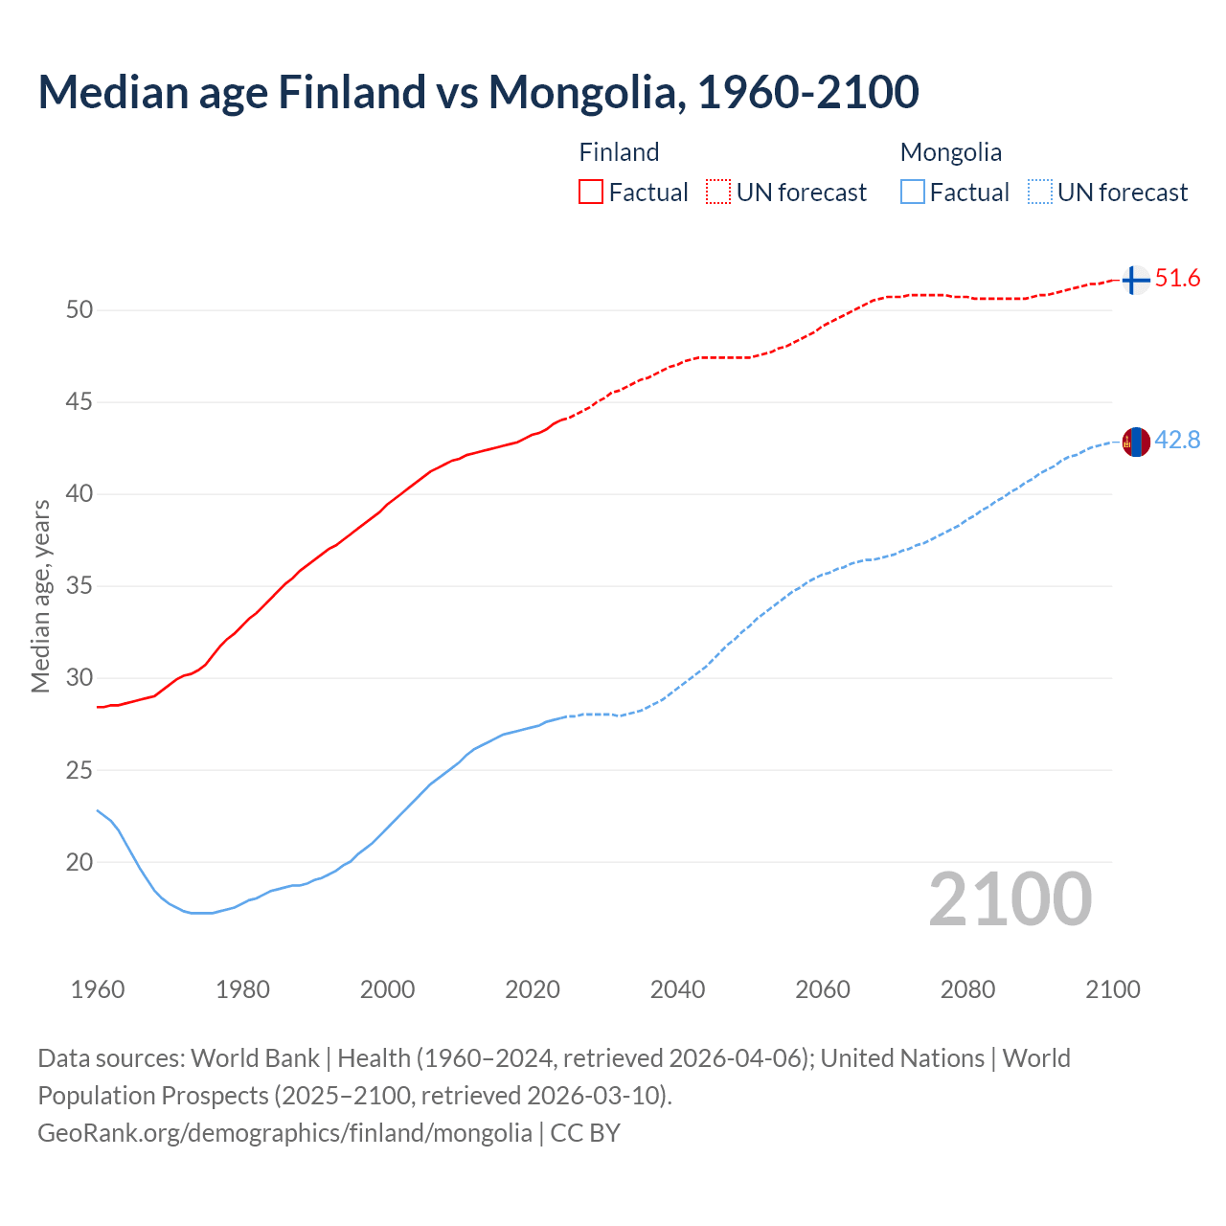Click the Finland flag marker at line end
coord(1135,280)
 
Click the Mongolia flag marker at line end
coord(1135,443)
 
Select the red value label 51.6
coord(1177,279)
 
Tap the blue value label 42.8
coord(1177,441)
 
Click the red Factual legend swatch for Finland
coord(591,193)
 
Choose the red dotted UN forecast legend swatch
coord(718,193)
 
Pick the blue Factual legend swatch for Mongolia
coord(913,193)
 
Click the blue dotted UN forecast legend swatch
coord(1039,193)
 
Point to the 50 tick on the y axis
coord(79,310)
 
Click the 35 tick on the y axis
coord(79,586)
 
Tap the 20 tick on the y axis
coord(79,862)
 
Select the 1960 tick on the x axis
coord(98,989)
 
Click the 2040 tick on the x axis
coord(677,989)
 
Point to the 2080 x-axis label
coord(967,989)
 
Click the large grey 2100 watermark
coord(1010,898)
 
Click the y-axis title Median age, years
coord(40,596)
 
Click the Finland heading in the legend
coord(619,152)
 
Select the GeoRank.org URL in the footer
coord(284,1133)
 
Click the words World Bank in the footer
coord(255,1058)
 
